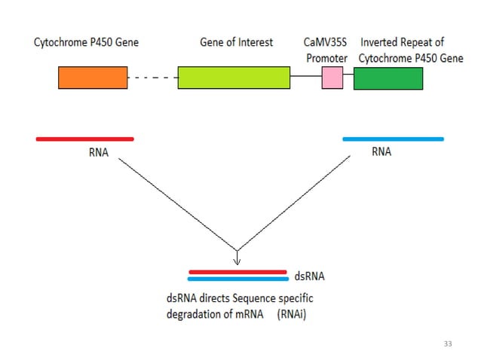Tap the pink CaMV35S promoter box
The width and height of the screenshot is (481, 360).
pos(332,78)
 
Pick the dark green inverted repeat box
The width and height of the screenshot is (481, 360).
pos(388,78)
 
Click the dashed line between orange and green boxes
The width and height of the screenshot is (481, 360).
pos(152,78)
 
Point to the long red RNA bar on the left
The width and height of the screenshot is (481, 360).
pos(84,139)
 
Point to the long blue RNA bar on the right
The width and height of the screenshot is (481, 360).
pos(393,139)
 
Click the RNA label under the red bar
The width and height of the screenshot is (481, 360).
pos(99,152)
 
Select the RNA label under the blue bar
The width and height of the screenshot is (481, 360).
pos(381,151)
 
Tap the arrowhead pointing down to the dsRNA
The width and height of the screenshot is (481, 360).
pos(237,261)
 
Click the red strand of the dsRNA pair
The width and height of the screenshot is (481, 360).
pos(237,271)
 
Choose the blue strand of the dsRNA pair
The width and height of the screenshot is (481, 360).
pos(237,279)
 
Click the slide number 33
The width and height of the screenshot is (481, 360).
pos(448,343)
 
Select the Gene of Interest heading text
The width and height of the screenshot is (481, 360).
pos(236,42)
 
